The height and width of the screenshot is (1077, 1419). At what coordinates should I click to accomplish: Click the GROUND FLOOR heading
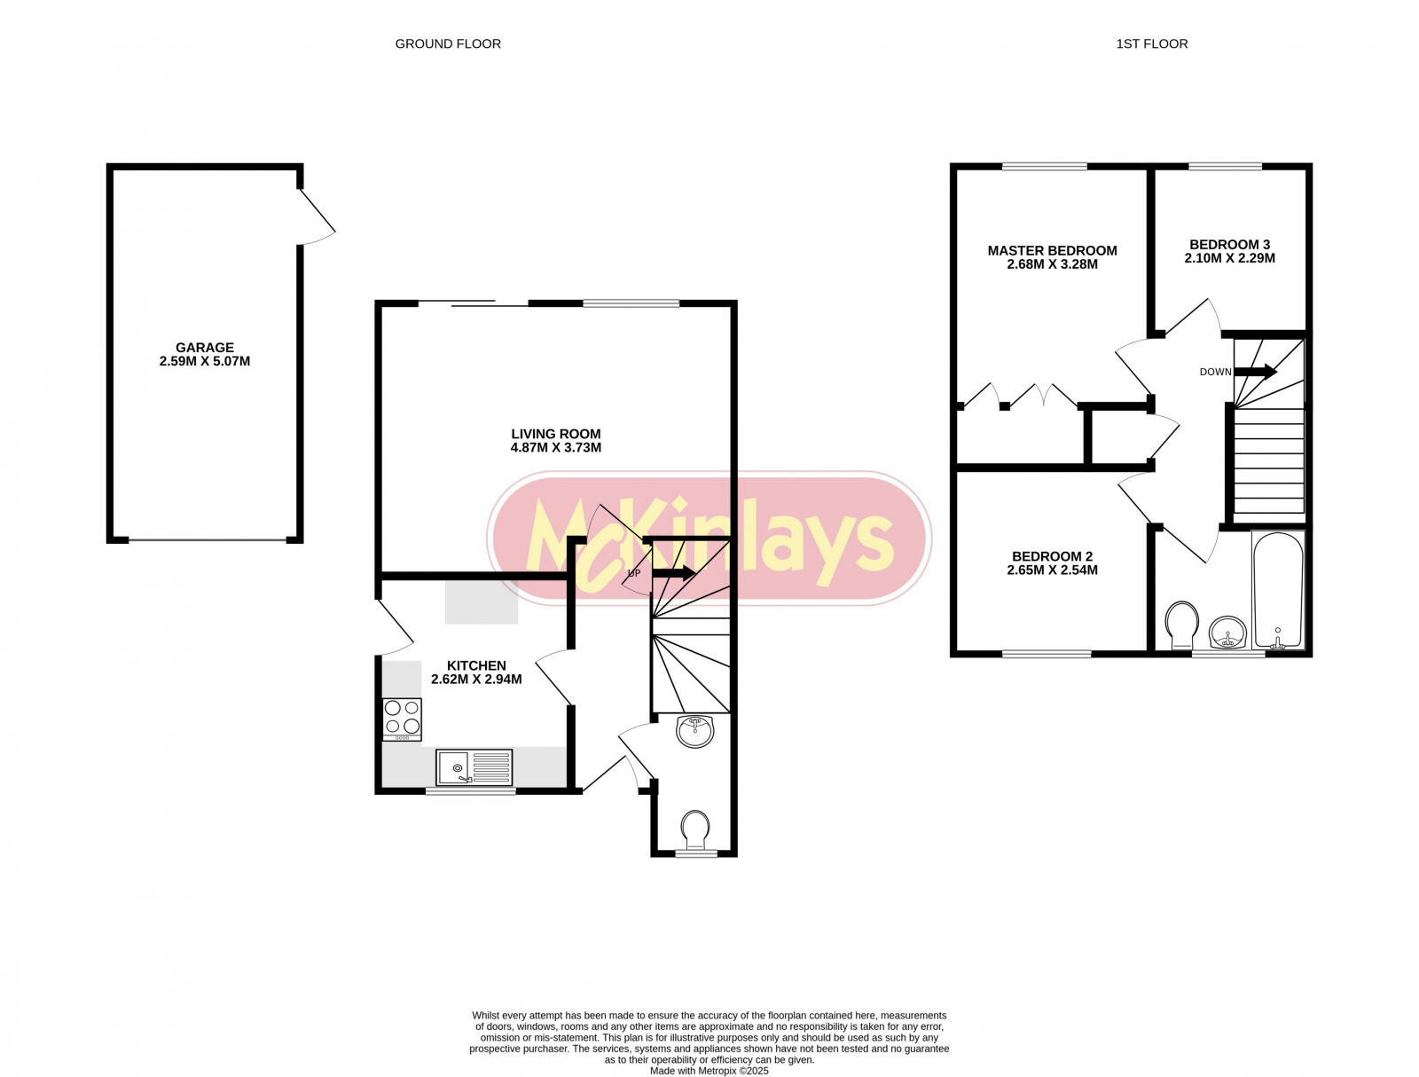coord(448,43)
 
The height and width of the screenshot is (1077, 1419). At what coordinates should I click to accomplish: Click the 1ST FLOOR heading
coord(1151,43)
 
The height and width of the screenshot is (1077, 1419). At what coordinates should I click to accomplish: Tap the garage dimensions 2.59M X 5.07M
coord(205,362)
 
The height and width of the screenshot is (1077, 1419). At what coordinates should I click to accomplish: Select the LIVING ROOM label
coord(555,434)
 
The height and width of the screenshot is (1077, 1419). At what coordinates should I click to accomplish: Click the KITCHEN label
coord(476,665)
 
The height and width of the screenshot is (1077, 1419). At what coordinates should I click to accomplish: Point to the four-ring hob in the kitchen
coord(402,717)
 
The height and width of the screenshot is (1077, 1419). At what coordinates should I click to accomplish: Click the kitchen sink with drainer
coord(474,767)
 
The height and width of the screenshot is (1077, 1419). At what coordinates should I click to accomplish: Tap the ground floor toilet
coord(695,829)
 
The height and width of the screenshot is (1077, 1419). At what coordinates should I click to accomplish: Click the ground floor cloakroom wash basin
coord(694,732)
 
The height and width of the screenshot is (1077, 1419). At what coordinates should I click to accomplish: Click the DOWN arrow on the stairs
coord(1255,372)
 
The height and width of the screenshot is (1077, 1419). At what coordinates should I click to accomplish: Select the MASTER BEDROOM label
coord(1052,250)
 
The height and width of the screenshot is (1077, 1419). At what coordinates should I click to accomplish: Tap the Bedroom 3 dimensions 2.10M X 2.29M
coord(1229,259)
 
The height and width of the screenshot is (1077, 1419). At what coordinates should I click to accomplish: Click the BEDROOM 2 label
coord(1052,556)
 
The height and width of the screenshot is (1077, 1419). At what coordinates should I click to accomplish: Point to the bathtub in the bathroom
coord(1278,590)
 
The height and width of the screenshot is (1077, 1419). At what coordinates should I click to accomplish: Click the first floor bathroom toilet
coord(1181,624)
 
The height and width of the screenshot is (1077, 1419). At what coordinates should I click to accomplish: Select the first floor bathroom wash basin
coord(1227,633)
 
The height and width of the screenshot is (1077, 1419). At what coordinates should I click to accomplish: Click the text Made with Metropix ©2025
coord(709,1071)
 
